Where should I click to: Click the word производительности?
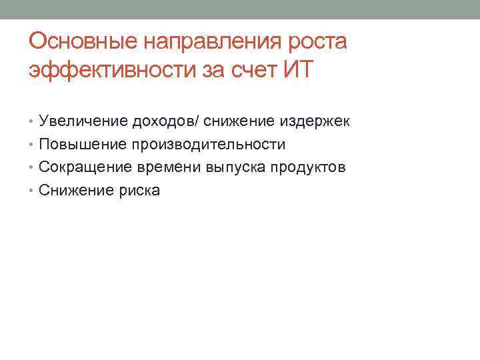pos(208,145)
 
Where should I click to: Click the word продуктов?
pos(308,167)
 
